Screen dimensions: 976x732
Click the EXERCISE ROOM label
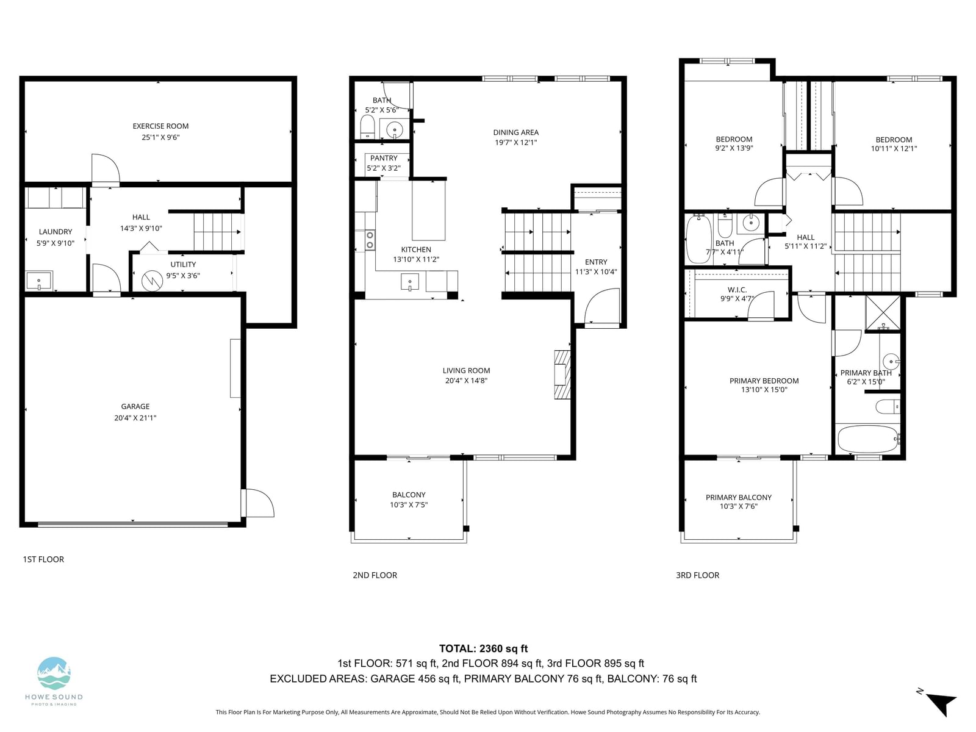(x=160, y=126)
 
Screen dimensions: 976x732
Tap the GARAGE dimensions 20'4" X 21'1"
(x=135, y=418)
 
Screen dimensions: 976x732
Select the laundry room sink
(x=38, y=281)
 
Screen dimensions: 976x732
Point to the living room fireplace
(x=562, y=374)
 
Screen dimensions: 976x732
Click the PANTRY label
(x=384, y=158)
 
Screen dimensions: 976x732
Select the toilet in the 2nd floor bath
(x=367, y=127)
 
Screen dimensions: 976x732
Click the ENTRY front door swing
(x=601, y=306)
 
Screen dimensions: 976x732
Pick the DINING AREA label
(x=516, y=132)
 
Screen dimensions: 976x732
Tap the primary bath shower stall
(x=883, y=313)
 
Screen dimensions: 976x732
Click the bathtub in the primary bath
(x=869, y=439)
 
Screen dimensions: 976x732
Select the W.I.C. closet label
(x=737, y=290)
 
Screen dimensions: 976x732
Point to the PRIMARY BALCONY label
(x=739, y=497)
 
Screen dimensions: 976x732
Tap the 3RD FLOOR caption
(x=697, y=575)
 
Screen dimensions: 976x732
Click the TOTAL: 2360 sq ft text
(x=483, y=648)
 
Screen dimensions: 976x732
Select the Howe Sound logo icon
(x=54, y=673)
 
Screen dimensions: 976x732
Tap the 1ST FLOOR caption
(x=43, y=559)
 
